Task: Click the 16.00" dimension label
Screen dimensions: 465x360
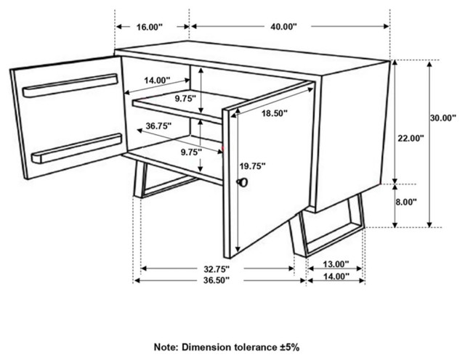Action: click(150, 27)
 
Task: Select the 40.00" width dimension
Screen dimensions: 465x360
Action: click(283, 27)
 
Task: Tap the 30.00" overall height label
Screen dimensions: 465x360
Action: click(442, 118)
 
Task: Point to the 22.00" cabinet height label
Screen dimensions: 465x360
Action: click(411, 138)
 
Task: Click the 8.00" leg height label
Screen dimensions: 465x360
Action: click(405, 202)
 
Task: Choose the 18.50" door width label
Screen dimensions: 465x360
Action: click(275, 113)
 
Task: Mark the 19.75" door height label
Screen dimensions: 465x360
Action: click(252, 166)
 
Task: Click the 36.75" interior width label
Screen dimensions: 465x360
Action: click(158, 126)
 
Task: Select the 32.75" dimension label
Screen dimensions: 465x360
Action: click(217, 269)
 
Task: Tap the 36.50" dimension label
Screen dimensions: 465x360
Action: click(217, 280)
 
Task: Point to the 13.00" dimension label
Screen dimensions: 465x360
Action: click(336, 263)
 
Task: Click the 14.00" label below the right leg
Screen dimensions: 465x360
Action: click(336, 277)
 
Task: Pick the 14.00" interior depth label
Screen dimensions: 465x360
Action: click(157, 80)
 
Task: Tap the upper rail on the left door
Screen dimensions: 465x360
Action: click(70, 86)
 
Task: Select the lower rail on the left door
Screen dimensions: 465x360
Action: click(77, 149)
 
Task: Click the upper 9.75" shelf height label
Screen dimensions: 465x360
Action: click(185, 99)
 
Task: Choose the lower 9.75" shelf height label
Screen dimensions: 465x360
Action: click(191, 152)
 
